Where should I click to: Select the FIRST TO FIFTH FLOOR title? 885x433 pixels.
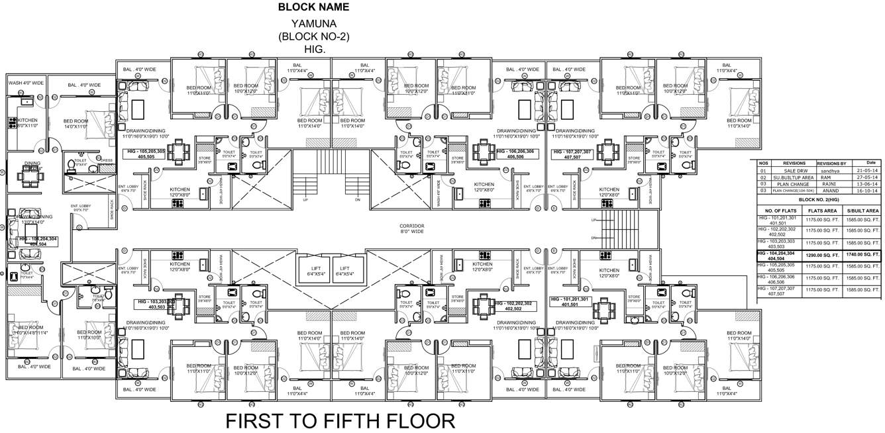(x=340, y=421)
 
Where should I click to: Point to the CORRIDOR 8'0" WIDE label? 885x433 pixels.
(x=411, y=229)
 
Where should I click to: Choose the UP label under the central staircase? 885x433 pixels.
(x=305, y=199)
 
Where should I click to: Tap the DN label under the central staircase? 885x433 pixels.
(x=358, y=199)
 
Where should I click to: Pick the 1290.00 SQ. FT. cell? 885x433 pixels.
(x=821, y=255)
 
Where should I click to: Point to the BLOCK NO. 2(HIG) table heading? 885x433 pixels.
(x=819, y=199)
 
